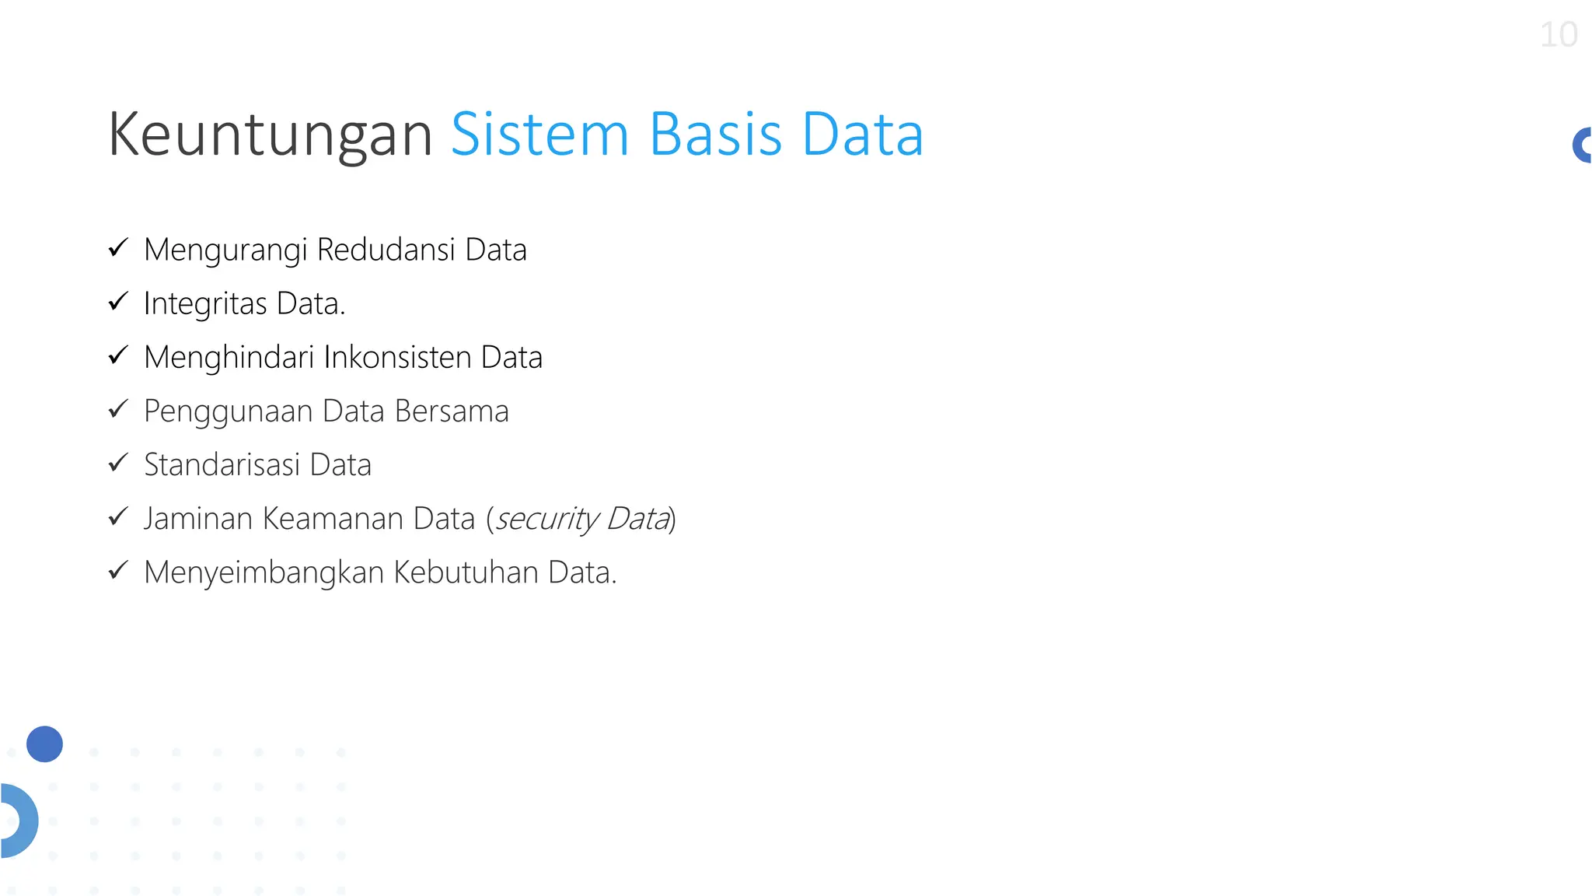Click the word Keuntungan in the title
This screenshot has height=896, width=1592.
coord(269,135)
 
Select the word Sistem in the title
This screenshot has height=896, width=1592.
coord(539,134)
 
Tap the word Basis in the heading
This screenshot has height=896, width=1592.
coord(715,134)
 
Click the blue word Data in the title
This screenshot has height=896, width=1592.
coord(862,134)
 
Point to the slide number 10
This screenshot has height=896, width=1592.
coord(1558,35)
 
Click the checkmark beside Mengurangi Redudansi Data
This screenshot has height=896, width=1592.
coord(118,248)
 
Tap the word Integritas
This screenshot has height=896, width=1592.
coord(205,304)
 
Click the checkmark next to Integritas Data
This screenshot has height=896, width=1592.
coord(118,302)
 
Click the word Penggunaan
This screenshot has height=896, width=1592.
coord(228,412)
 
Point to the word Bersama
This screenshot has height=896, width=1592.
coord(451,411)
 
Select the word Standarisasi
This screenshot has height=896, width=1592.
coord(222,464)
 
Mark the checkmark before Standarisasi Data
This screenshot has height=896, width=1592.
coord(118,463)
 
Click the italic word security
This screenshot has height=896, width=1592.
coord(546,519)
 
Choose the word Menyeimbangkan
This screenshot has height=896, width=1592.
coord(264,572)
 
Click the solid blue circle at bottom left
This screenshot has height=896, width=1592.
coord(44,744)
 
